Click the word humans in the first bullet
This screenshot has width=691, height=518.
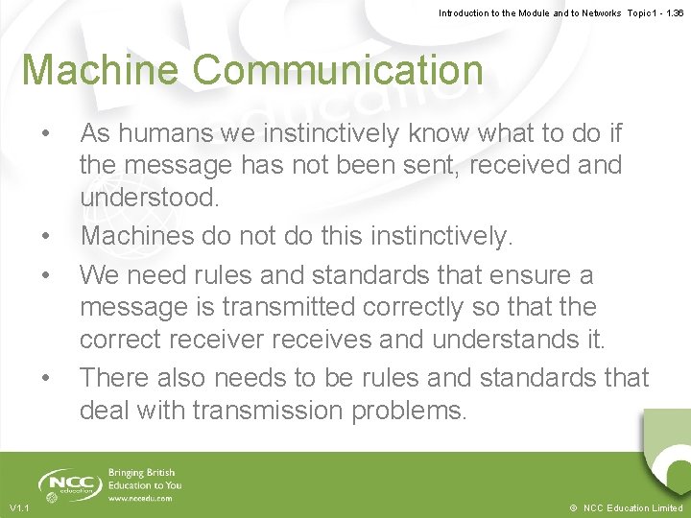click(x=163, y=132)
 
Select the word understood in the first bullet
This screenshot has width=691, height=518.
click(x=150, y=198)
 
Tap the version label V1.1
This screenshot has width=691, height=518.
click(x=19, y=507)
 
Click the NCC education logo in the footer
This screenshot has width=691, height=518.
click(x=69, y=483)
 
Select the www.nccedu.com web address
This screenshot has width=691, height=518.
click(x=140, y=499)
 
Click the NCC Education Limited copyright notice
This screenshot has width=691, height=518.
click(x=625, y=507)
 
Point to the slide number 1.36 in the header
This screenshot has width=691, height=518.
click(x=671, y=13)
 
